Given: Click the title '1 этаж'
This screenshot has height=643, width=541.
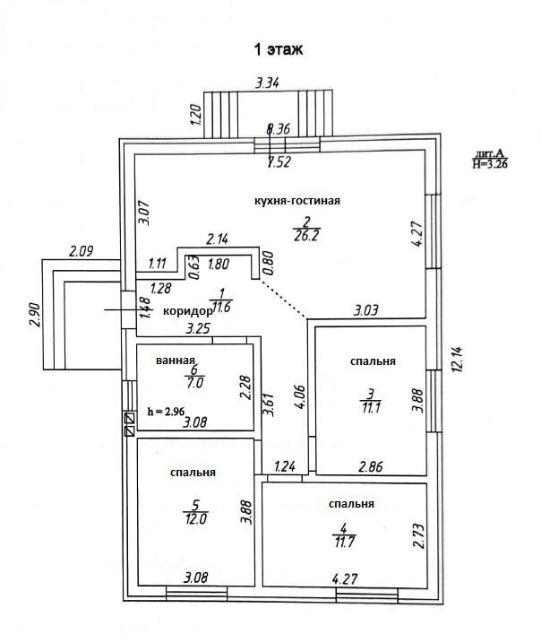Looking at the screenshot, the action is coord(279,49).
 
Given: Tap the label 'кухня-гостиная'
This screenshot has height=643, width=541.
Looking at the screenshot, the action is coord(297,201).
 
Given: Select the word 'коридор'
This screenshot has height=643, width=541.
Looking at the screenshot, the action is coord(187,312).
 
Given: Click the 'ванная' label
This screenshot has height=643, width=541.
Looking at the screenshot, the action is coord(176,361).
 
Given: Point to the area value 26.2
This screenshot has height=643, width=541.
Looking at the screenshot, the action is coord(306,236).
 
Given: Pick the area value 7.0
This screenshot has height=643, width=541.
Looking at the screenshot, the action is coord(194,383).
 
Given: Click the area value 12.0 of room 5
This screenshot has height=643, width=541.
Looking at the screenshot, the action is coord(196,518).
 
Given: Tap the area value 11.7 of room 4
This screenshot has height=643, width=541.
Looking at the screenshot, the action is coord(345,543).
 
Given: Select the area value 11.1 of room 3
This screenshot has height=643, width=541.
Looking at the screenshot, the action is coord(371,408).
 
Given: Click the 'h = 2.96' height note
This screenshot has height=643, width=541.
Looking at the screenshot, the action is coord(167,411).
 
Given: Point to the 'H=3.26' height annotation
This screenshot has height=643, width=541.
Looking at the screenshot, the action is coord(490,163).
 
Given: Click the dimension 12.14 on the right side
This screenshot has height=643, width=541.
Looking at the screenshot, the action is coord(458,360).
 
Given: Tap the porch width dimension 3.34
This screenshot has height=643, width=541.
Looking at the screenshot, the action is coord(268,83).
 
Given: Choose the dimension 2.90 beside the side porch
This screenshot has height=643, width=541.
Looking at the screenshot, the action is coord(34,315).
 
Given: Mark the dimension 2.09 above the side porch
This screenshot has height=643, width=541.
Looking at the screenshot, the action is coord(82,251).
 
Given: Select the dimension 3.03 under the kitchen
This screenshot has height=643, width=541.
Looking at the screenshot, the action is coord(366,310).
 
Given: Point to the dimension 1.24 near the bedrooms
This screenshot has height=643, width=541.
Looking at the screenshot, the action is coord(285,466).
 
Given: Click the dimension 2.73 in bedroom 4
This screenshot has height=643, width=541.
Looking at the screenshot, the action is coord(419,535).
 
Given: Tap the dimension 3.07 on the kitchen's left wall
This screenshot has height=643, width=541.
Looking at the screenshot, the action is coord(143,213).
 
